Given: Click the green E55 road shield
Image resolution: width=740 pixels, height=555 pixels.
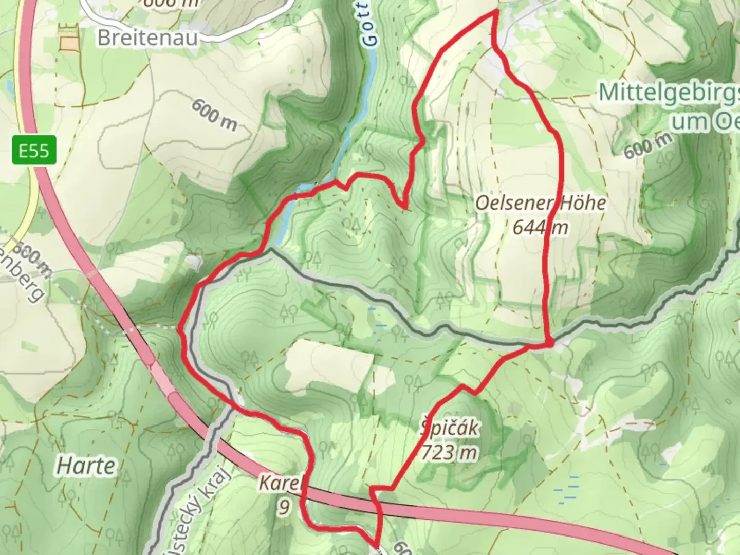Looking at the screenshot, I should [34, 151].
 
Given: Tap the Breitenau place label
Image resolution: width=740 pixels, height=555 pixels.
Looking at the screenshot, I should [147, 38].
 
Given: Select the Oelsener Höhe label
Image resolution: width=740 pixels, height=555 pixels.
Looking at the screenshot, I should [540, 203].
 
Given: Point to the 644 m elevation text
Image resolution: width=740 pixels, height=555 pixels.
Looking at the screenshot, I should [540, 227].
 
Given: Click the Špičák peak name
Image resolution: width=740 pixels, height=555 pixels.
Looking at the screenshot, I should [450, 429].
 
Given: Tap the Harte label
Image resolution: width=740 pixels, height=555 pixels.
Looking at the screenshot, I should [86, 466].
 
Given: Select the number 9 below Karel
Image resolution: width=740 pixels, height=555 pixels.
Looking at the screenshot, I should [284, 507].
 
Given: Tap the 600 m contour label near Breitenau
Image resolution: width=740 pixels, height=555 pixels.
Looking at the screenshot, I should [214, 115].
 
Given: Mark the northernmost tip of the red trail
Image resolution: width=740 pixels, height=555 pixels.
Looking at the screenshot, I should [496, 11].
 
